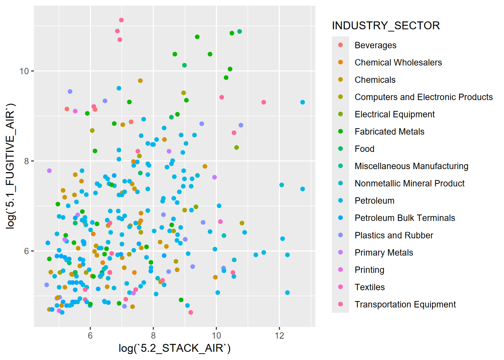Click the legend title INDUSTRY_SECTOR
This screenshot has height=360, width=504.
(x=386, y=25)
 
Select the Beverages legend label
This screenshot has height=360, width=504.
(x=375, y=45)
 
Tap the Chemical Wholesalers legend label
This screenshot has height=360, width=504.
(x=398, y=63)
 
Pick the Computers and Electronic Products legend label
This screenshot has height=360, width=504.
(x=423, y=97)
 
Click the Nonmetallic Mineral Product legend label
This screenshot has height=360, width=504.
(x=409, y=183)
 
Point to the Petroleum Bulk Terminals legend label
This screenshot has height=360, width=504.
(x=405, y=218)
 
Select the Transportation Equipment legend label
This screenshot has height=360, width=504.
(x=405, y=304)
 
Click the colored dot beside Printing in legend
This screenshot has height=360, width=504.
(x=340, y=270)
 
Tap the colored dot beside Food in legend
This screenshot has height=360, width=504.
(x=340, y=149)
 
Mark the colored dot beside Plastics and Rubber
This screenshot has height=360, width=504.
(x=340, y=235)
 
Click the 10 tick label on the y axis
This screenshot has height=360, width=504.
(x=24, y=71)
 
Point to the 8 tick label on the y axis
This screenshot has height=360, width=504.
(x=26, y=161)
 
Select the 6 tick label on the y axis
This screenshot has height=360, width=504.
(x=26, y=251)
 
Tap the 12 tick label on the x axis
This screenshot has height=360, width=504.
(x=279, y=336)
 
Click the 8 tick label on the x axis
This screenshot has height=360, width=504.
(x=153, y=336)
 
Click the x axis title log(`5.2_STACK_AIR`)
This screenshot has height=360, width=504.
(x=174, y=348)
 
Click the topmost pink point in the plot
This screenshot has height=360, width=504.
(x=121, y=20)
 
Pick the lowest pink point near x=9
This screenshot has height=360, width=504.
(x=191, y=312)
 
